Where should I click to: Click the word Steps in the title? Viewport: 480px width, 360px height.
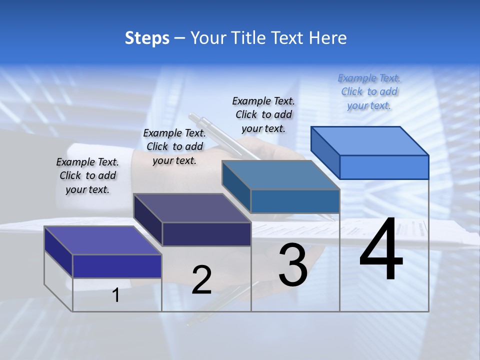pyautogui.click(x=147, y=38)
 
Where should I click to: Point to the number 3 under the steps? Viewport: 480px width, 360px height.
pyautogui.click(x=293, y=265)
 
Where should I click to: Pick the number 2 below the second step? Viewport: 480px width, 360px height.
pyautogui.click(x=201, y=280)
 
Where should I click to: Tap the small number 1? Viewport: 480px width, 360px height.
pyautogui.click(x=116, y=295)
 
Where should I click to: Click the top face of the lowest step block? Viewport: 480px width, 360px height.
pyautogui.click(x=102, y=240)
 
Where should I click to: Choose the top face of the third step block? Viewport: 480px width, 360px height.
pyautogui.click(x=280, y=175)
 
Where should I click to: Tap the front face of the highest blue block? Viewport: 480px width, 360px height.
pyautogui.click(x=384, y=167)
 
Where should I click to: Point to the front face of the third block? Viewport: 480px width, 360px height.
pyautogui.click(x=295, y=201)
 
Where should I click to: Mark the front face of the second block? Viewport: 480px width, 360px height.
pyautogui.click(x=206, y=234)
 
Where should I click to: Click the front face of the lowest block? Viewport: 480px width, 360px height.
pyautogui.click(x=117, y=266)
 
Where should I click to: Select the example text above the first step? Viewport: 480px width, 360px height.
pyautogui.click(x=87, y=175)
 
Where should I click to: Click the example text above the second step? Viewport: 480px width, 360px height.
pyautogui.click(x=174, y=146)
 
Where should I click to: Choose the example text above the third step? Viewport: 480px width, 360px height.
pyautogui.click(x=263, y=114)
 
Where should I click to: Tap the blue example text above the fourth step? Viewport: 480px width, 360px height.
pyautogui.click(x=369, y=91)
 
